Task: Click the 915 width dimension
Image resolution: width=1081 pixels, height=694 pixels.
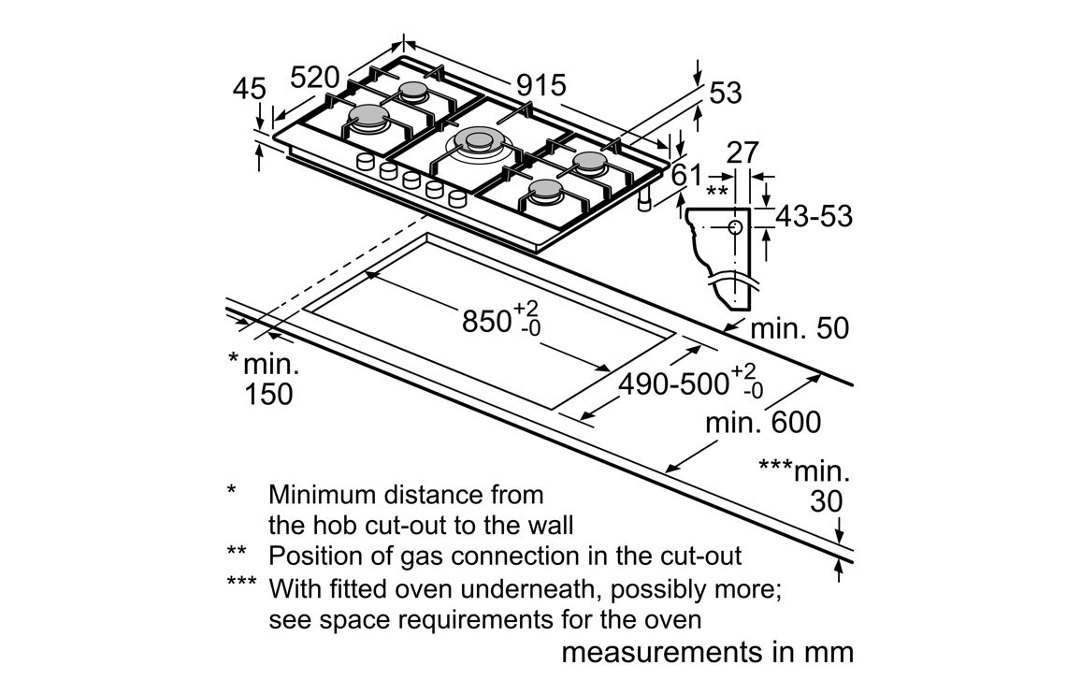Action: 541,85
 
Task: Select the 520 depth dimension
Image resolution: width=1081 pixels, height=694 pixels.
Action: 315,78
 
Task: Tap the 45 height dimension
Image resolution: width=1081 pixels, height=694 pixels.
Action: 249,89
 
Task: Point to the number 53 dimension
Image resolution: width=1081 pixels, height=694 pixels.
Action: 726,94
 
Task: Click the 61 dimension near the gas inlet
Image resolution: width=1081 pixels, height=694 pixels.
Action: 686,176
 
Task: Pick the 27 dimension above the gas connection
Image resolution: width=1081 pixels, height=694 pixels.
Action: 742,153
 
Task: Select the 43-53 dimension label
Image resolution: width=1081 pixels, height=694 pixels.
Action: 814,217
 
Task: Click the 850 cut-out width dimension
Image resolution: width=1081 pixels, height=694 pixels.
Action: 501,319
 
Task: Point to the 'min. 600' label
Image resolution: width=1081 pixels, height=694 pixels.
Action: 763,422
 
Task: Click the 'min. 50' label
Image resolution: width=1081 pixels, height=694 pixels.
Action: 800,328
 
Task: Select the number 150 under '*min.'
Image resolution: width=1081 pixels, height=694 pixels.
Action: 269,394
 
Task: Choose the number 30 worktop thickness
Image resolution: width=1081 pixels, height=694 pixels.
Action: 827,501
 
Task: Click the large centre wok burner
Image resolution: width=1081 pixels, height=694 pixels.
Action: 477,142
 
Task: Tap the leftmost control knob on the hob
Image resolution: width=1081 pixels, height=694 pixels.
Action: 366,162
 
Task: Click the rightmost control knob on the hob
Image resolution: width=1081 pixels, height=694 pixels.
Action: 457,199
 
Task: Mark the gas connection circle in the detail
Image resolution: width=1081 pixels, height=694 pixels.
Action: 736,226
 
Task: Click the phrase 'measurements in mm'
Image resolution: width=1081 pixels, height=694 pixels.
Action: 708,652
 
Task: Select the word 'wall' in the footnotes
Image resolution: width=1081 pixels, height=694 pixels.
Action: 549,525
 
